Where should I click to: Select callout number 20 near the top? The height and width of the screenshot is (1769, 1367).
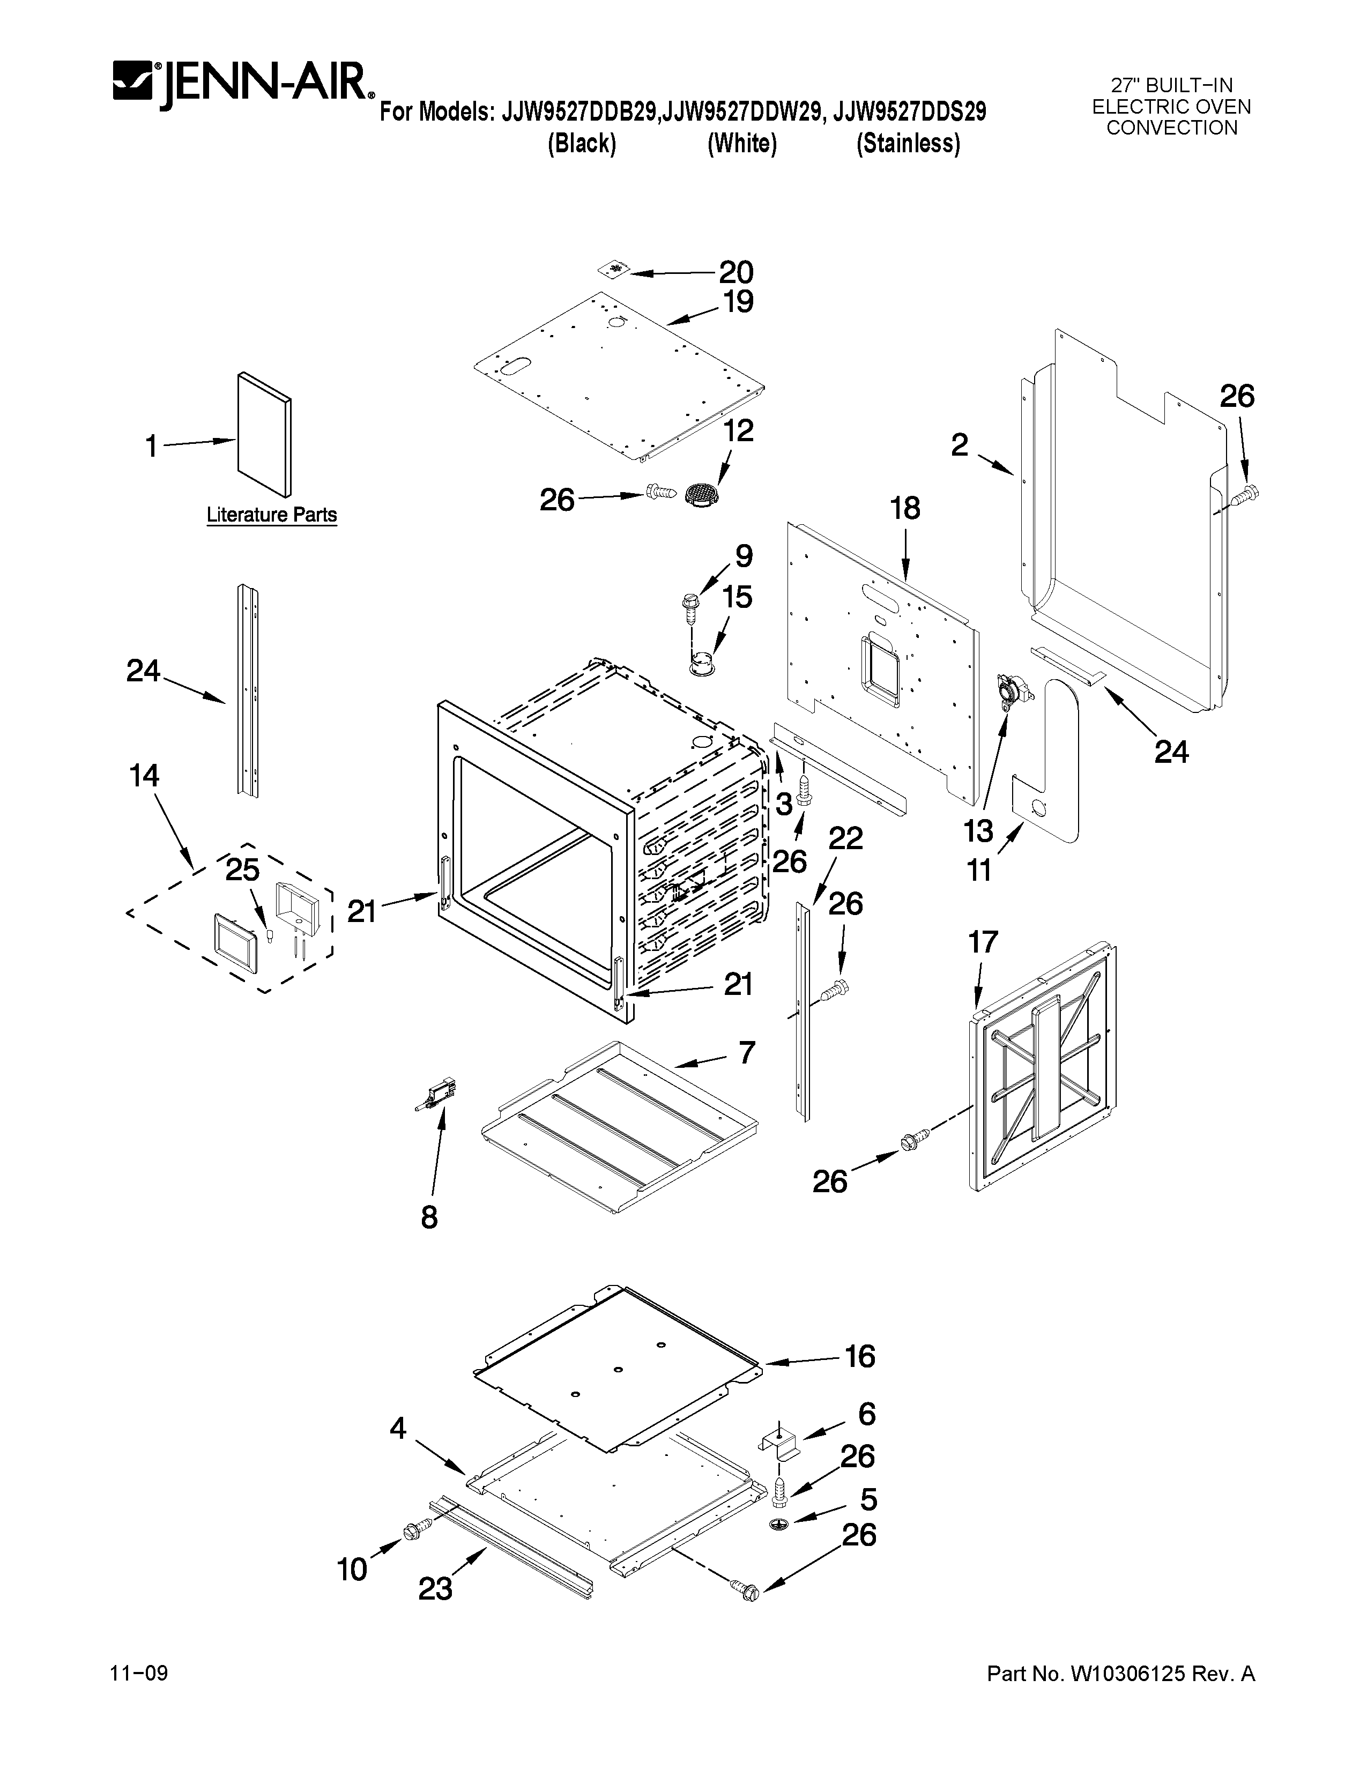pos(735,272)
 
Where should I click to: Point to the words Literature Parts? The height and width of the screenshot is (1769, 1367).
pos(271,514)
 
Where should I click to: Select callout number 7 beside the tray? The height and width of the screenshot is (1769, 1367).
pos(746,1052)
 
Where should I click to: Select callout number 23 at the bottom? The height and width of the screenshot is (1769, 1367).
pos(435,1590)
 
